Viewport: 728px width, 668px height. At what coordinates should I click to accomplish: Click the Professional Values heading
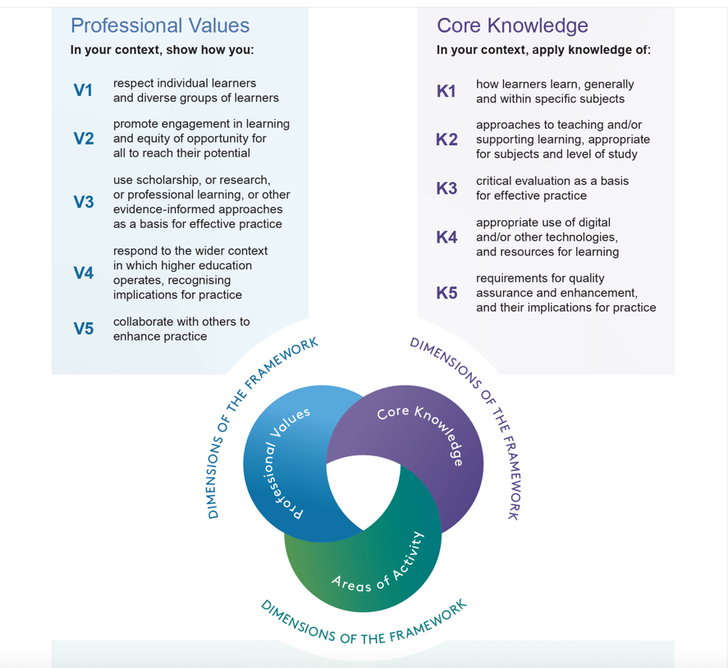pos(160,26)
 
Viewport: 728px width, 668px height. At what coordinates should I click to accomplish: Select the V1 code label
pos(84,91)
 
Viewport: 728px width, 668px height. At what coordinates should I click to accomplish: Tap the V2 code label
pos(84,139)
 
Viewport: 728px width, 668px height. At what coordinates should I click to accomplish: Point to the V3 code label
pos(84,202)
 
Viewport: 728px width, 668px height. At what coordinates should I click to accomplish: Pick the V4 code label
pos(84,273)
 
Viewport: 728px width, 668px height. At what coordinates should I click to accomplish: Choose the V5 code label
pos(84,329)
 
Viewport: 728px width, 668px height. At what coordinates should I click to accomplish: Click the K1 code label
pos(446,92)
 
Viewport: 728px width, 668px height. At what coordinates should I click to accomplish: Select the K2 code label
pos(446,140)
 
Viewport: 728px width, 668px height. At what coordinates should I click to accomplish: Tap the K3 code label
pos(446,189)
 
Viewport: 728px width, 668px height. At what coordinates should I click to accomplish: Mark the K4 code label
pos(446,238)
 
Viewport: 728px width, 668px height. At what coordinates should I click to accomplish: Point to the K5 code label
pos(446,293)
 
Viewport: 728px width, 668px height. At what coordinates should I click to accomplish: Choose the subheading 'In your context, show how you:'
pos(162,50)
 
